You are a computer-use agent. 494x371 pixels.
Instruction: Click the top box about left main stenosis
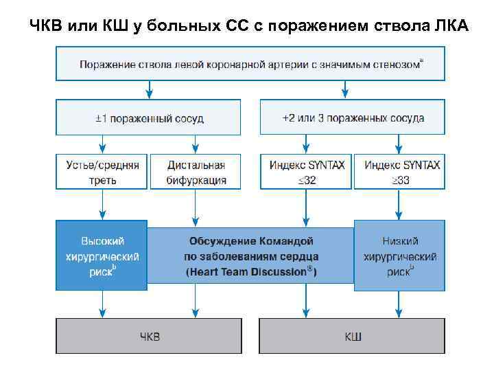pos(250,64)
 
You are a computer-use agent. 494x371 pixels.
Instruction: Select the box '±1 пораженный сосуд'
pos(148,117)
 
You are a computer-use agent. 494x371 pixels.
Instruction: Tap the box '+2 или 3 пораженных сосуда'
pos(353,117)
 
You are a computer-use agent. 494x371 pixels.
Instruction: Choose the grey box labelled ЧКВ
pos(148,336)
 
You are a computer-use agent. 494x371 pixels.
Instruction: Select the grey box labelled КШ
pos(353,336)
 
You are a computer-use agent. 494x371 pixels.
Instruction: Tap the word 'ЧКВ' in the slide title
pos(47,26)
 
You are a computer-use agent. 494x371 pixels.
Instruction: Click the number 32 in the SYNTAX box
pos(311,181)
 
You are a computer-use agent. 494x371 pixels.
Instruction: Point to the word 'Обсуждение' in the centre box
pos(220,241)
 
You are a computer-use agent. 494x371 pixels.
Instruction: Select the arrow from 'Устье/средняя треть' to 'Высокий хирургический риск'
pos(102,205)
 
